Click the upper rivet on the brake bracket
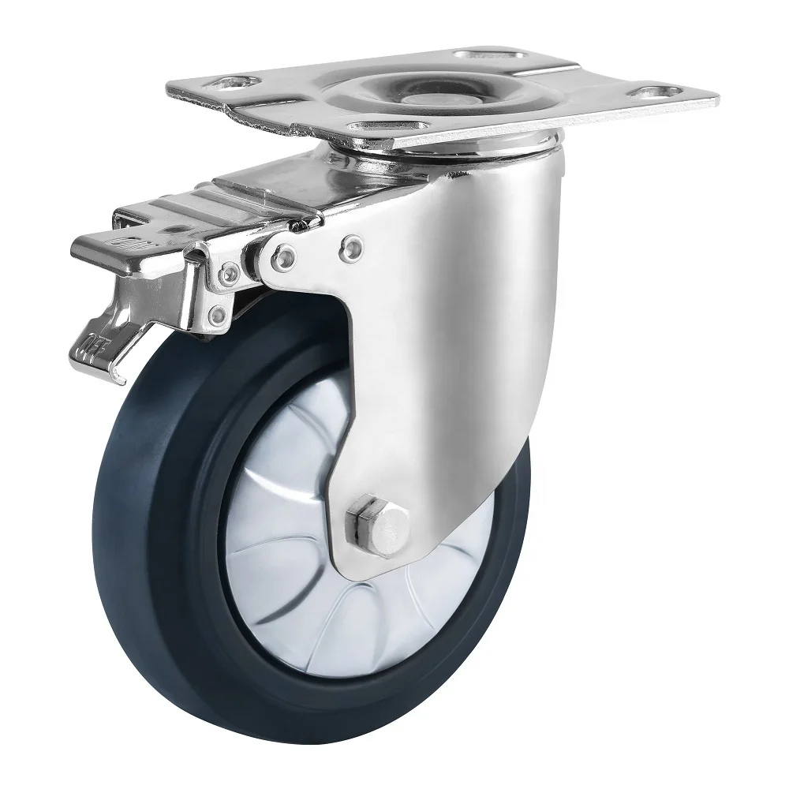[230, 273]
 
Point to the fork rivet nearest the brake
[284, 255]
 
